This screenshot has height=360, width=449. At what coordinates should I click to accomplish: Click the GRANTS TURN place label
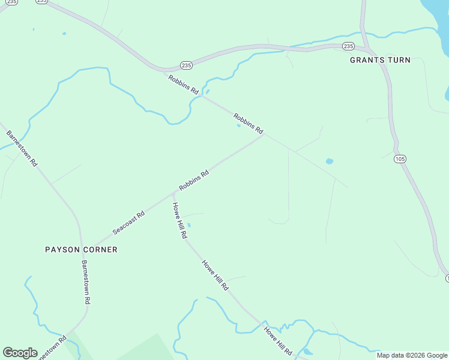point(381,60)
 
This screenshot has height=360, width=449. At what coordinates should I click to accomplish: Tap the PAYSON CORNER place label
point(81,249)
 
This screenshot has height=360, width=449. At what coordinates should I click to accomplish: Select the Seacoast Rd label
point(128,223)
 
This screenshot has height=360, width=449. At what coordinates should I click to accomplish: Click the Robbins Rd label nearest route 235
point(184,85)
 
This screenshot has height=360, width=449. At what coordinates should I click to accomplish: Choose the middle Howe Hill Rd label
point(215,275)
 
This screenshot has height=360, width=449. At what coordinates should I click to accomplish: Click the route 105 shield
point(400,159)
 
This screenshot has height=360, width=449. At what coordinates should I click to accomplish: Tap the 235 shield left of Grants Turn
point(348,46)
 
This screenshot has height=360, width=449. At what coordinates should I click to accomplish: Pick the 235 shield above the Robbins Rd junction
point(186,65)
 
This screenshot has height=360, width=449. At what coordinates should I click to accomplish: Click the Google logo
point(20,353)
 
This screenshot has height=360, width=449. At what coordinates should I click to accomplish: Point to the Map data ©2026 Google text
point(412,355)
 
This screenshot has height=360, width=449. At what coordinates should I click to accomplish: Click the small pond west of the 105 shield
point(329,161)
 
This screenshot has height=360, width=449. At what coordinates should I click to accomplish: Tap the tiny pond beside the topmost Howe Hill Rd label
point(189,226)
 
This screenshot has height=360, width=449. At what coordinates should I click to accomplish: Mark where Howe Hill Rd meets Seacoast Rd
point(173,194)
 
